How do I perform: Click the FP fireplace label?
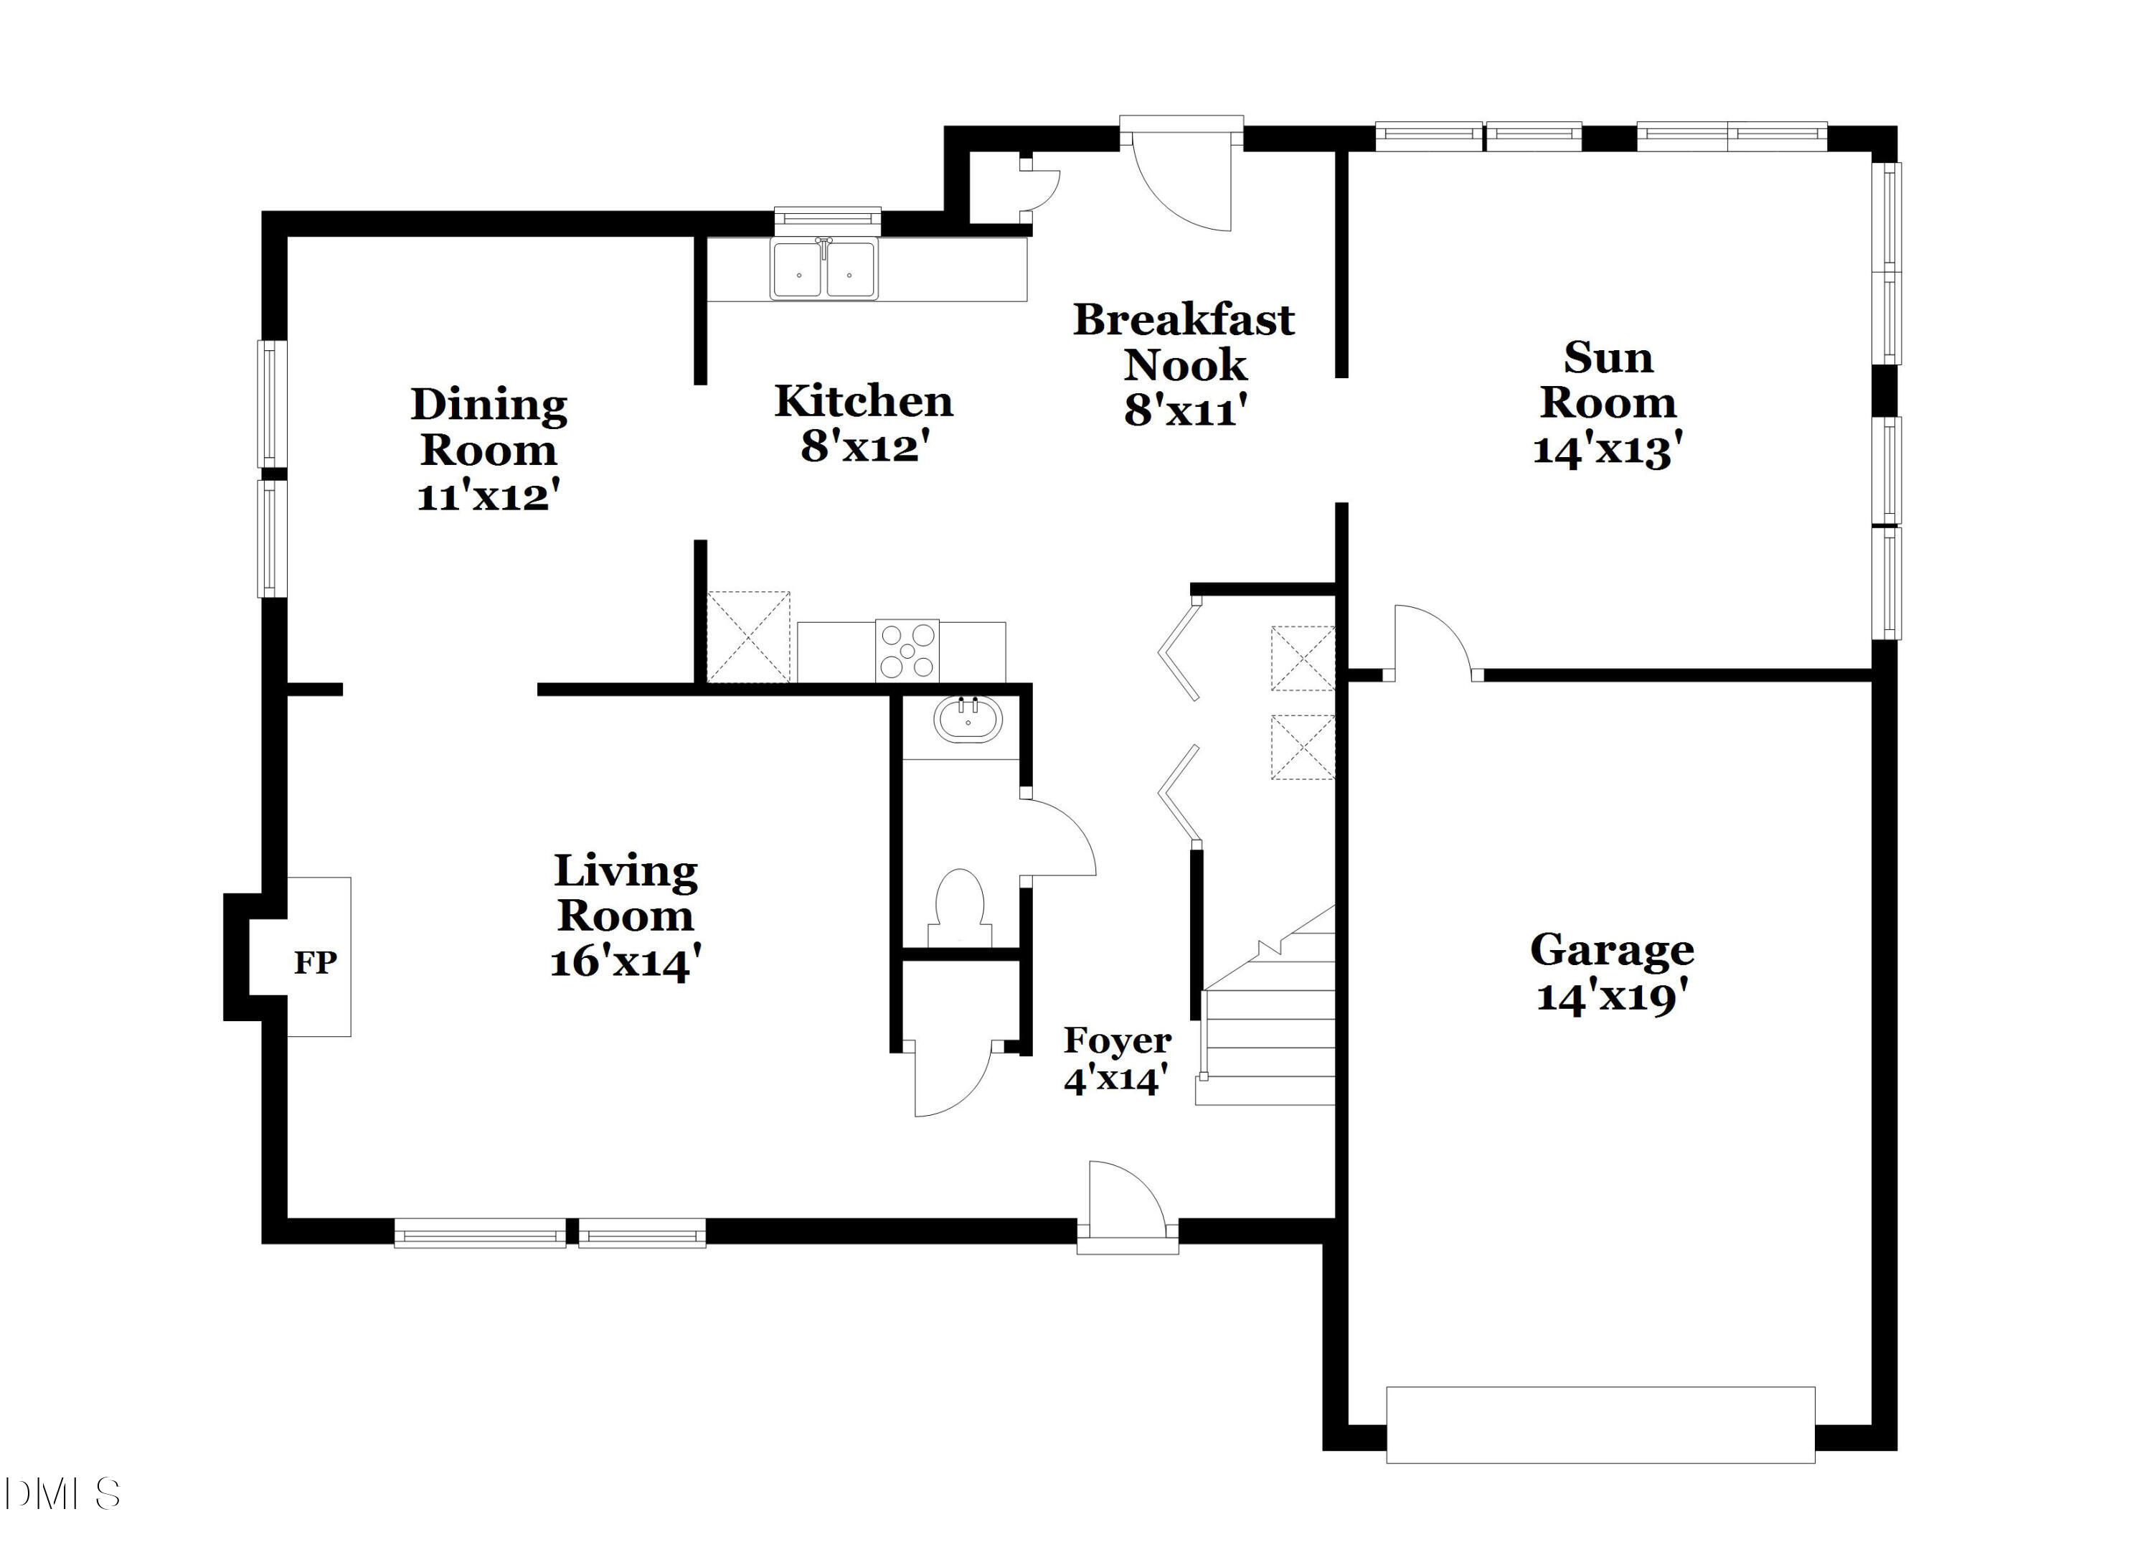point(315,962)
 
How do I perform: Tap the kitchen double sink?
point(823,270)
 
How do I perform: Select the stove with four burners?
point(907,651)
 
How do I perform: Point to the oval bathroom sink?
point(968,721)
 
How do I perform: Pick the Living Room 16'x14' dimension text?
point(626,962)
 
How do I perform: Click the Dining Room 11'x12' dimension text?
point(488,495)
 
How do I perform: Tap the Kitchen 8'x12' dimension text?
point(862,446)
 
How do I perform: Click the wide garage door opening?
point(1600,1424)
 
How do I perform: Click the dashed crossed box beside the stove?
point(749,636)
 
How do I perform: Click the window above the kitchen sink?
point(827,220)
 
